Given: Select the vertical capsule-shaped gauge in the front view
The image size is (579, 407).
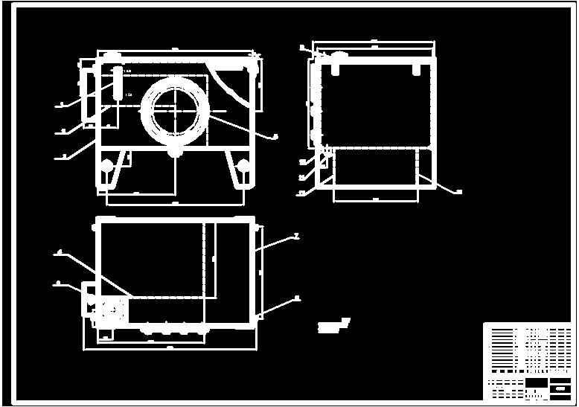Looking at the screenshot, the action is (118, 83).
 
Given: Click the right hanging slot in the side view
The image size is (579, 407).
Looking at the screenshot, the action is (415, 68).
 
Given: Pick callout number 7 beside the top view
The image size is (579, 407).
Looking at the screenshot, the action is (296, 236).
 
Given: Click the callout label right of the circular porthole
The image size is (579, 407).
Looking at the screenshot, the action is (275, 136).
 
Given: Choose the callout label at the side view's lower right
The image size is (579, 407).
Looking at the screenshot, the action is (458, 192).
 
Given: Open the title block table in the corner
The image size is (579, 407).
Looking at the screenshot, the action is (528, 361).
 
